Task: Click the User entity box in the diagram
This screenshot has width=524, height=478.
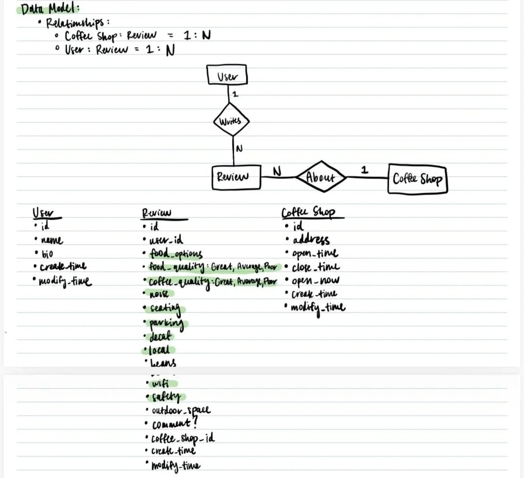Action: click(227, 75)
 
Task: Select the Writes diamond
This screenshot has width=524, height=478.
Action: click(230, 120)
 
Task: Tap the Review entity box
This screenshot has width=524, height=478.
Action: click(236, 177)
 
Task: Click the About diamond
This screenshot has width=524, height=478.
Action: click(321, 177)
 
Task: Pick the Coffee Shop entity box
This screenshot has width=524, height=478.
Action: click(417, 179)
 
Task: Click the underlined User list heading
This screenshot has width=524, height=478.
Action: click(43, 213)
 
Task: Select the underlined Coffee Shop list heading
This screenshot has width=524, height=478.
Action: click(309, 212)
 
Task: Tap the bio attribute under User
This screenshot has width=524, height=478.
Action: click(47, 254)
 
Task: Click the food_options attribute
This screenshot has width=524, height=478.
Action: click(176, 254)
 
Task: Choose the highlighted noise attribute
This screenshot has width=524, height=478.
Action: click(159, 294)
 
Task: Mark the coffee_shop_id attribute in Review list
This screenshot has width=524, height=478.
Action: click(183, 438)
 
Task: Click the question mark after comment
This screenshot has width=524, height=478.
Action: click(194, 422)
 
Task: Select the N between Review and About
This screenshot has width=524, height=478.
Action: click(277, 171)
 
